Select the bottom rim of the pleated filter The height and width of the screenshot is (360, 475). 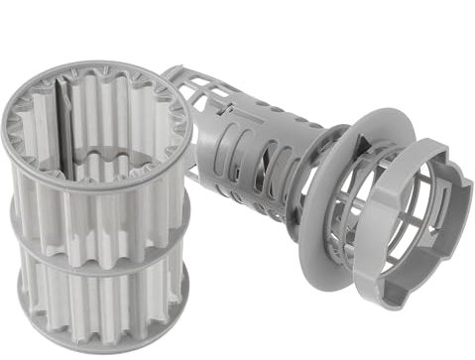99,342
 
